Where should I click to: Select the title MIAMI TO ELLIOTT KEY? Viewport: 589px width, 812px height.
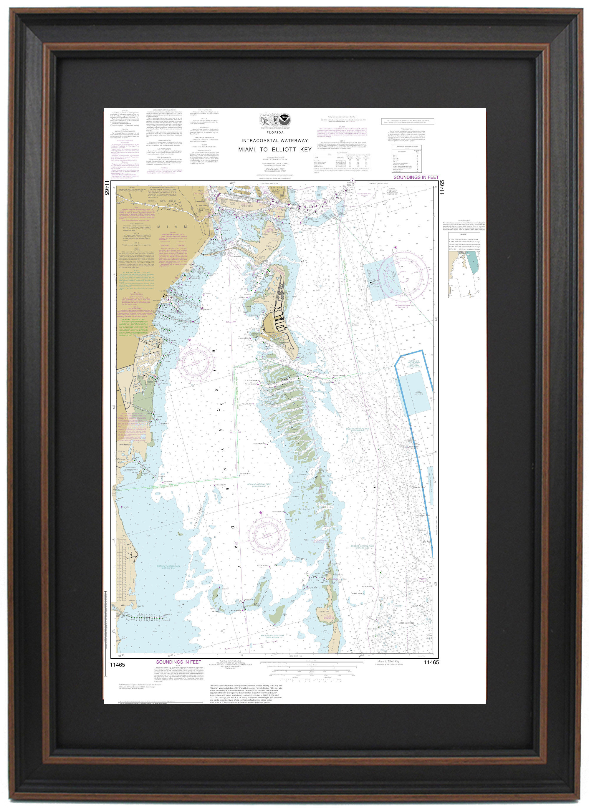click(275, 149)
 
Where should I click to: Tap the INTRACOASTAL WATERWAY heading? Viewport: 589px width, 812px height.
click(275, 140)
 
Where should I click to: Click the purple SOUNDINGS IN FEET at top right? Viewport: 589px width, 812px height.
click(416, 177)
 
